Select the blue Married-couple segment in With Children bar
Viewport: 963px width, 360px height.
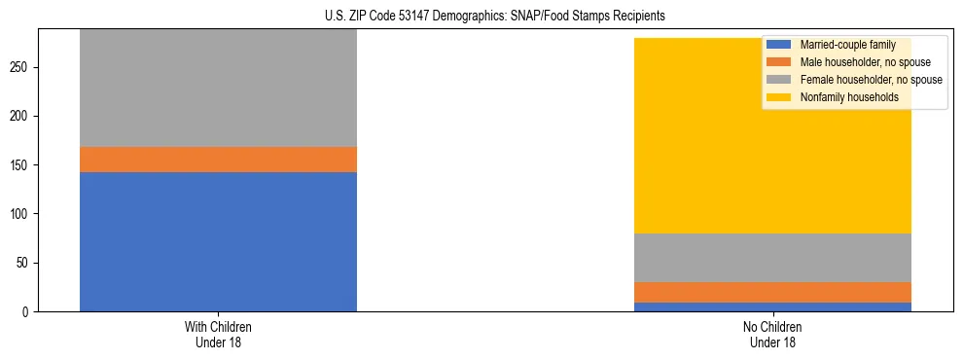coord(218,241)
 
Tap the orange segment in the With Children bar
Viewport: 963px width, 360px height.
coord(218,160)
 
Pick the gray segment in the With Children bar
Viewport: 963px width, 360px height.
coord(218,88)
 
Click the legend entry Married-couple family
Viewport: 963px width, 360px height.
coord(846,45)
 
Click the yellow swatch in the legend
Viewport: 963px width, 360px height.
coord(779,97)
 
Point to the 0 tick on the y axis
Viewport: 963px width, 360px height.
coord(29,311)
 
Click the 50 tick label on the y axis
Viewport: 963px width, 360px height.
coord(26,263)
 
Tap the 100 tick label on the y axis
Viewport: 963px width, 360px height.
coord(23,214)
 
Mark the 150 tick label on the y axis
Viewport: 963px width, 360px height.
coord(23,165)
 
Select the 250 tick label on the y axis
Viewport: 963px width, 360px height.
coord(23,67)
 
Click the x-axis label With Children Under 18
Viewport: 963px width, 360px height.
coord(218,334)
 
